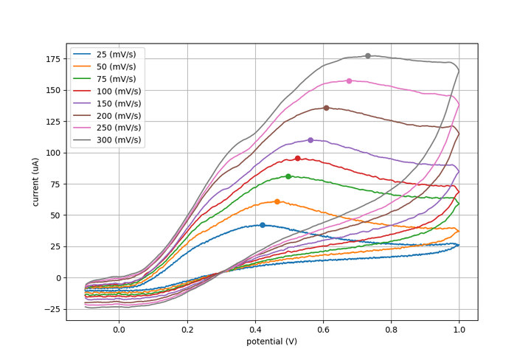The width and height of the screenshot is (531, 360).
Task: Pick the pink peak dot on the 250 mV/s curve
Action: tap(349, 81)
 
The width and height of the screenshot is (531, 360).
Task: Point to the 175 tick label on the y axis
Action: tap(52, 59)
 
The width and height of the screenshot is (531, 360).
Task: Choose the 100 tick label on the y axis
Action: tap(52, 153)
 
